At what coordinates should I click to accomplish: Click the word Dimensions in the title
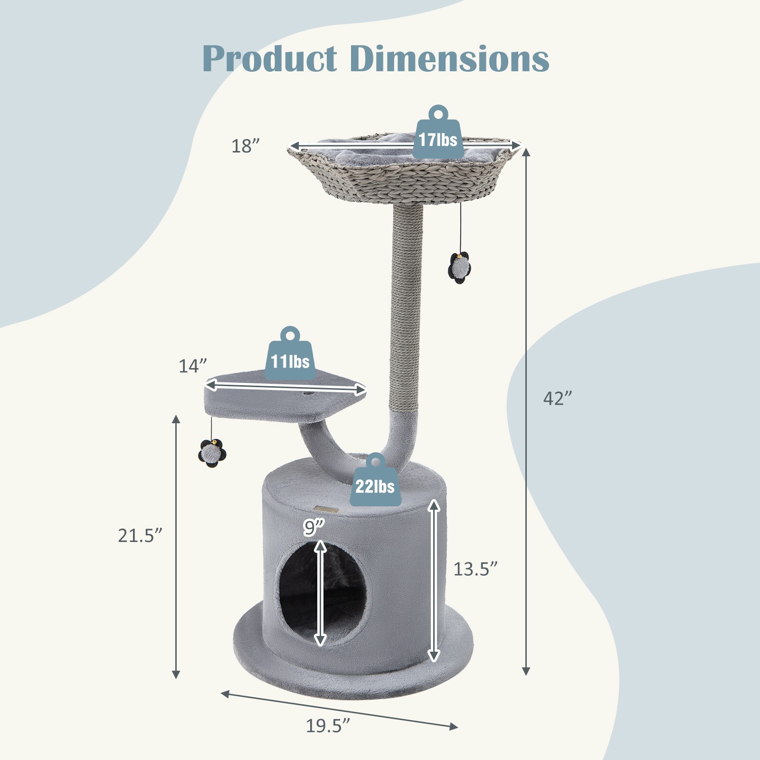(449, 59)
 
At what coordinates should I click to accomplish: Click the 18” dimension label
(246, 146)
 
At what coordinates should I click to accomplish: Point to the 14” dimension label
(193, 366)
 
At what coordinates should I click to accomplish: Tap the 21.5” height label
(140, 535)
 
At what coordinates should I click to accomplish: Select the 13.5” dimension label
(475, 569)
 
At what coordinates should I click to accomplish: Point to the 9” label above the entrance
(313, 527)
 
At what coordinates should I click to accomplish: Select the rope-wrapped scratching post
(405, 313)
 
